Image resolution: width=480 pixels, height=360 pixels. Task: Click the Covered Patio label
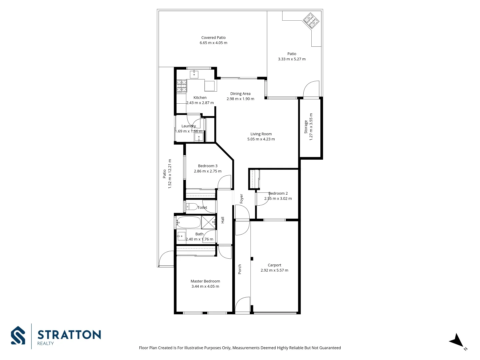pos(213,38)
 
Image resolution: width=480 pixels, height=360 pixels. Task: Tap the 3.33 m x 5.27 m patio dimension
pos(292,59)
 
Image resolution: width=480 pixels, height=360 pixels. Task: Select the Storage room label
pos(306,127)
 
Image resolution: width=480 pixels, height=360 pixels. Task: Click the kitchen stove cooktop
pos(181,86)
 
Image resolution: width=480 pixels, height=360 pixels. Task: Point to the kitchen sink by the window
pos(194,74)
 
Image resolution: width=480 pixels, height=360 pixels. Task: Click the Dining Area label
pos(240,94)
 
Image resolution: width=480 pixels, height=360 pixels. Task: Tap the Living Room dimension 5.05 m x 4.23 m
pos(261,139)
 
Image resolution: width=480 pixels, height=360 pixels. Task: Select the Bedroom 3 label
pos(207,166)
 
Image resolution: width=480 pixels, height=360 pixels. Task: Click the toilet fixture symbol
pos(191,206)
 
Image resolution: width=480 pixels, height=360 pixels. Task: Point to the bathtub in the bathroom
pos(189,222)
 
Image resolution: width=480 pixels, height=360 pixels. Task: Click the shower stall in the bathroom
pos(209,222)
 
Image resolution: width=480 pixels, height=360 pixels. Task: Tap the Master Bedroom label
pos(205,281)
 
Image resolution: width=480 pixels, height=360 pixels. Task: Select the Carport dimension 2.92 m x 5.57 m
pos(274,270)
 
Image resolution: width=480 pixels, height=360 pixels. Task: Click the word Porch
pos(240,269)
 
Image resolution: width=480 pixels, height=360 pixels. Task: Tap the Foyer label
pos(241,199)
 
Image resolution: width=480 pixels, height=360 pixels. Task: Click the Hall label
pos(223,220)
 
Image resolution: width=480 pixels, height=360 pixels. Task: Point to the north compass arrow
pos(457,341)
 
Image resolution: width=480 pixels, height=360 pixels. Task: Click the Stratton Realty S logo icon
pos(18,335)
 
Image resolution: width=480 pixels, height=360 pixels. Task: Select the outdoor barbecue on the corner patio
pos(311,21)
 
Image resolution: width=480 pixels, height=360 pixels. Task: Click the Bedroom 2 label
pos(278,193)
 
